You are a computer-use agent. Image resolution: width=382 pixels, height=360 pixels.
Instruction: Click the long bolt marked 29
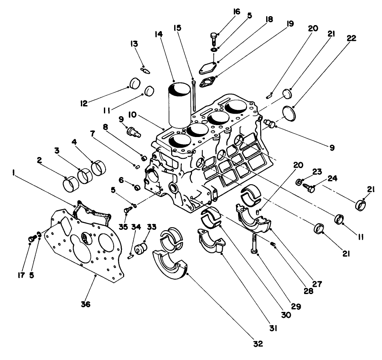click(254, 244)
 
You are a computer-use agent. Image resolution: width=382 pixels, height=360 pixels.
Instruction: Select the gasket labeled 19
click(208, 82)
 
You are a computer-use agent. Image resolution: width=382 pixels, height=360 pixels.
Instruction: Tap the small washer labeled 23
click(299, 183)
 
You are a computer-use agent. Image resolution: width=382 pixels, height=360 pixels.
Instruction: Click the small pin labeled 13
click(145, 70)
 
